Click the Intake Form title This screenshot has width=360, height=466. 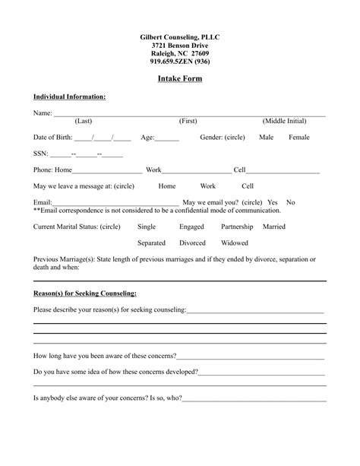[180, 79]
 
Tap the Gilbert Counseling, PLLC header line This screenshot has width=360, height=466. [180, 37]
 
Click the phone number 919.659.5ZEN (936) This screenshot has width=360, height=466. [180, 62]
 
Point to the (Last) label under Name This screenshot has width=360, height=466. [84, 122]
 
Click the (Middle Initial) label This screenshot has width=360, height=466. [285, 122]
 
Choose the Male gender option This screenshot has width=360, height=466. [266, 138]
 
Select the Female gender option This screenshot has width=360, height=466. [299, 138]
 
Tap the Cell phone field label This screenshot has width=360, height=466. [239, 170]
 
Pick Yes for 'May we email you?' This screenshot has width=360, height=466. [273, 203]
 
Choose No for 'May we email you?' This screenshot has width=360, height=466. [290, 203]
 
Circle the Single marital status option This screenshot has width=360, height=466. [147, 227]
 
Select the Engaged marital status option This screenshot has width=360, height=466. [191, 227]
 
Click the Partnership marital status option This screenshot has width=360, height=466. [237, 227]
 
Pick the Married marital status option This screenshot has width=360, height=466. [274, 227]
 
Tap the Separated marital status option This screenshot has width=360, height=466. [151, 243]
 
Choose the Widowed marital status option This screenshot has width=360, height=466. [234, 243]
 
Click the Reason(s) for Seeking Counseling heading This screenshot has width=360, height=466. [85, 293]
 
